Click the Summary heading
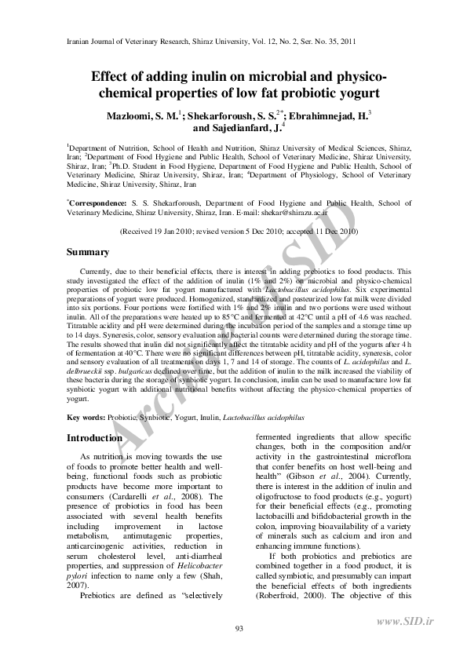click(87, 252)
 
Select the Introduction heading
click(94, 438)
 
